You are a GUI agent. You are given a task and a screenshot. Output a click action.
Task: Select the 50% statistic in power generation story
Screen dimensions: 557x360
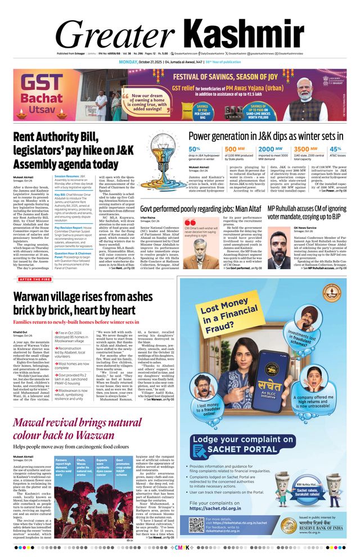(194, 149)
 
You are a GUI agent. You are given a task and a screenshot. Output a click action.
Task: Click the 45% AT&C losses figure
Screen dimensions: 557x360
(335, 149)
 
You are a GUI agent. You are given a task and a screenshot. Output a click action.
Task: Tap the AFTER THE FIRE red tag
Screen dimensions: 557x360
(35, 279)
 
